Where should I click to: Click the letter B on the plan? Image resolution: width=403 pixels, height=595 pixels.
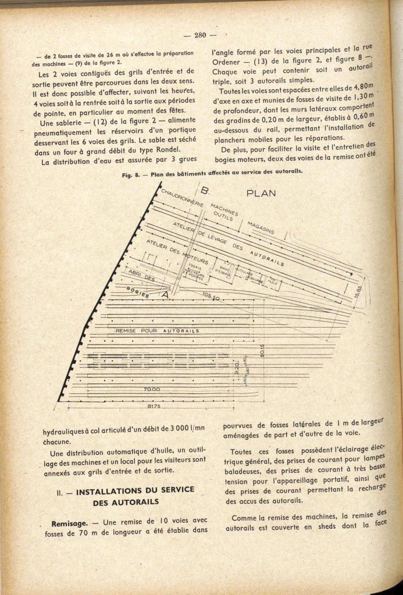point(205,190)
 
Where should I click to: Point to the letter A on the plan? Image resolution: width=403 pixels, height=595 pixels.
point(165,295)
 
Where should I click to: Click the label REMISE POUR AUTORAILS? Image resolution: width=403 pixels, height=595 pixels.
point(158,331)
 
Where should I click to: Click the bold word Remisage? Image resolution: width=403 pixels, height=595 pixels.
point(70,523)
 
